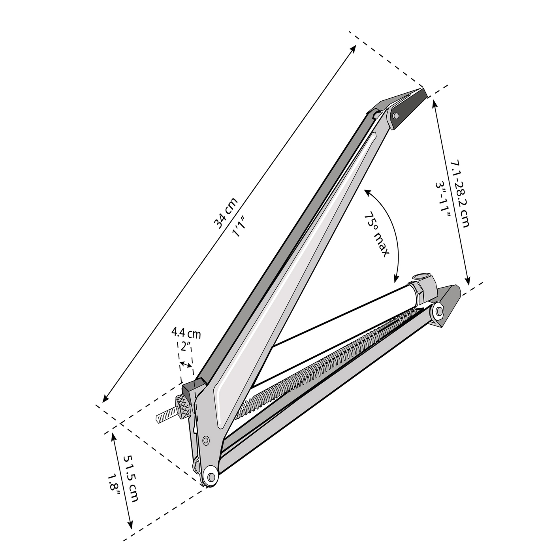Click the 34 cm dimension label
coord(226,213)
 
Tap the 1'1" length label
coord(239,226)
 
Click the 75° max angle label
coord(377,235)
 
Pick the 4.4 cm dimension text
coord(186,334)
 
